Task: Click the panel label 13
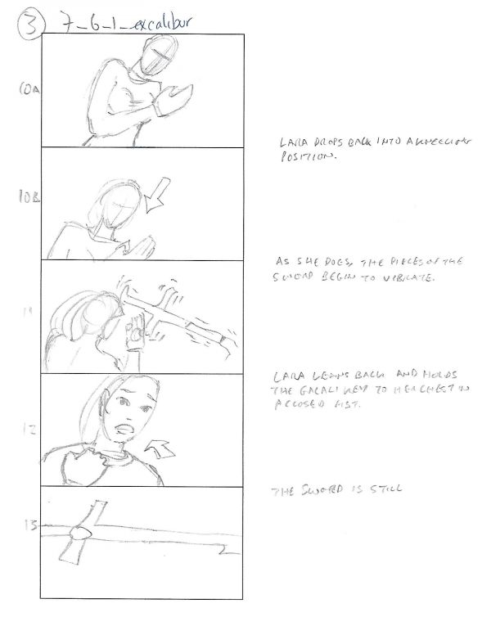click(x=30, y=527)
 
